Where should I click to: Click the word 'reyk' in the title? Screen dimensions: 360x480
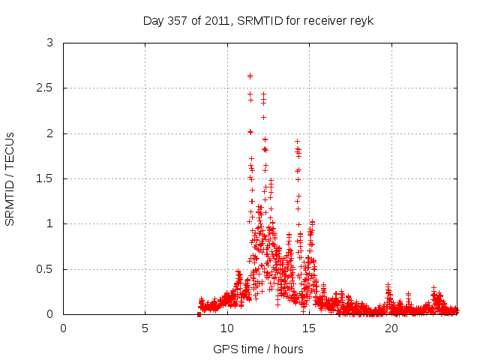[361, 20]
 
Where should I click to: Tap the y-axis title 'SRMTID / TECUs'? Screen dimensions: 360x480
[10, 179]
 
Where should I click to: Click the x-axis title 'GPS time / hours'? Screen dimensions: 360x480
[258, 349]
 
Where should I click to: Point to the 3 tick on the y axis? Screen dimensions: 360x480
[49, 43]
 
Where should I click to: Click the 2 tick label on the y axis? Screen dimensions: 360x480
[49, 133]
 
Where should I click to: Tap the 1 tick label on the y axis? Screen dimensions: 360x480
[49, 223]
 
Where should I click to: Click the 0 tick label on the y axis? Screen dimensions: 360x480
[49, 314]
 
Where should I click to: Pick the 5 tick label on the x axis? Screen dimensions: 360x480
[145, 328]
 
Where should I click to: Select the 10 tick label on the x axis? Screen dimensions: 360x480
[226, 328]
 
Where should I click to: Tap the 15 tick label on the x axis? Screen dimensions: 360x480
[309, 328]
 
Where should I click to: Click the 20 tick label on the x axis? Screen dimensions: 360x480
[391, 328]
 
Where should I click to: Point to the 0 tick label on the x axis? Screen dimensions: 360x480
[63, 328]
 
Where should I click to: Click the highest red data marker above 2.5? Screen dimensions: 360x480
[250, 76]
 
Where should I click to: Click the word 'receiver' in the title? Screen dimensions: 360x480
[326, 20]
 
